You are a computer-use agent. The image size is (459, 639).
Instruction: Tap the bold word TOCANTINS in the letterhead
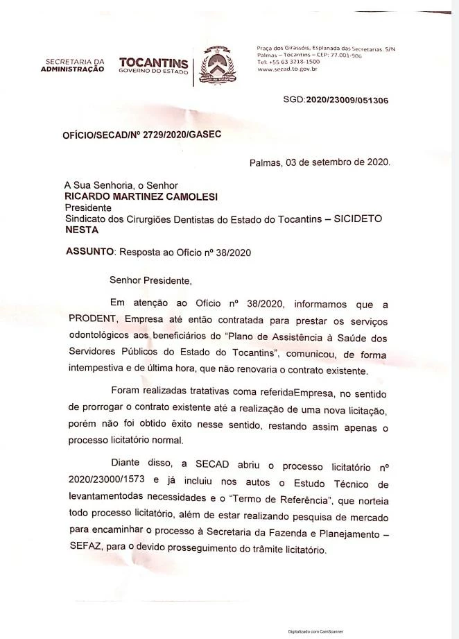pos(153,62)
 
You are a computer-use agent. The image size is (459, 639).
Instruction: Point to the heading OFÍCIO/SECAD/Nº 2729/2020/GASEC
pos(142,135)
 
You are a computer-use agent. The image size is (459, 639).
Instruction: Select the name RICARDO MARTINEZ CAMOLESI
pos(141,197)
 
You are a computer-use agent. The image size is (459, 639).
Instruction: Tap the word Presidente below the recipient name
pos(88,207)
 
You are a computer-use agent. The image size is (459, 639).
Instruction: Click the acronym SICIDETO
pos(358,219)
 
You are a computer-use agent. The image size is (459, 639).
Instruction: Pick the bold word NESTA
pos(81,230)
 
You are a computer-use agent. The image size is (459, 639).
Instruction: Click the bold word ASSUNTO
pos(89,252)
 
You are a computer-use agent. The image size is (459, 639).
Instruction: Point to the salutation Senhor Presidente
pos(149,281)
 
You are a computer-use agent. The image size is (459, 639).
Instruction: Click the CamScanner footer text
pos(315,631)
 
